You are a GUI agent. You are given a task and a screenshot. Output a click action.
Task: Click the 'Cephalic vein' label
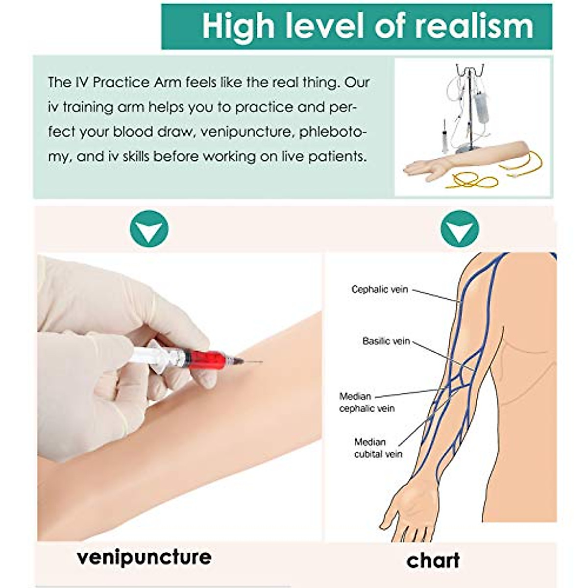[379, 290]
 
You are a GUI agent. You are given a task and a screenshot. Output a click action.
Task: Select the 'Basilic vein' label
[386, 341]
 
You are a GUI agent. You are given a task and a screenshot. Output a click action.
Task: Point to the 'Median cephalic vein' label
[367, 402]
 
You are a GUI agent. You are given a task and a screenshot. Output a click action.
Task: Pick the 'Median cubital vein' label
[378, 448]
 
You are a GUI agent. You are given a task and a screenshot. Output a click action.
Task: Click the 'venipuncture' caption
[144, 557]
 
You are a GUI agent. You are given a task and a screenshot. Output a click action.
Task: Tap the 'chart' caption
[433, 560]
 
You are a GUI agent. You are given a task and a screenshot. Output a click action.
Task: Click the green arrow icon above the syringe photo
[149, 228]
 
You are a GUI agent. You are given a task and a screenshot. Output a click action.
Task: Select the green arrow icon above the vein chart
[459, 228]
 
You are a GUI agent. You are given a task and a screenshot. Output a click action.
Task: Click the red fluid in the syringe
[208, 359]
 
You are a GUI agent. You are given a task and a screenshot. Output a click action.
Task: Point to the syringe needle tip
[261, 363]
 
